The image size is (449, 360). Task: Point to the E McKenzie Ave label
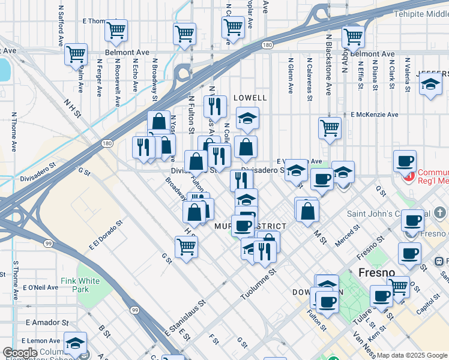click(375, 114)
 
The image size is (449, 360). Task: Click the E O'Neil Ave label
click(41, 288)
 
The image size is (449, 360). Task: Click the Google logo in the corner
click(20, 353)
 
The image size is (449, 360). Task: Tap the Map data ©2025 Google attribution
click(411, 355)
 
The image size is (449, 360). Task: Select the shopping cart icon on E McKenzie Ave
click(330, 128)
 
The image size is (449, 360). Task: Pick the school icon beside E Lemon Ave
click(76, 343)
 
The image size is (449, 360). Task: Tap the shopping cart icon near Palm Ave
click(76, 54)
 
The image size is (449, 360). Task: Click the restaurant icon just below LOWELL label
click(215, 107)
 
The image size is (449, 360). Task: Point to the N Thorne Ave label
click(14, 131)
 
